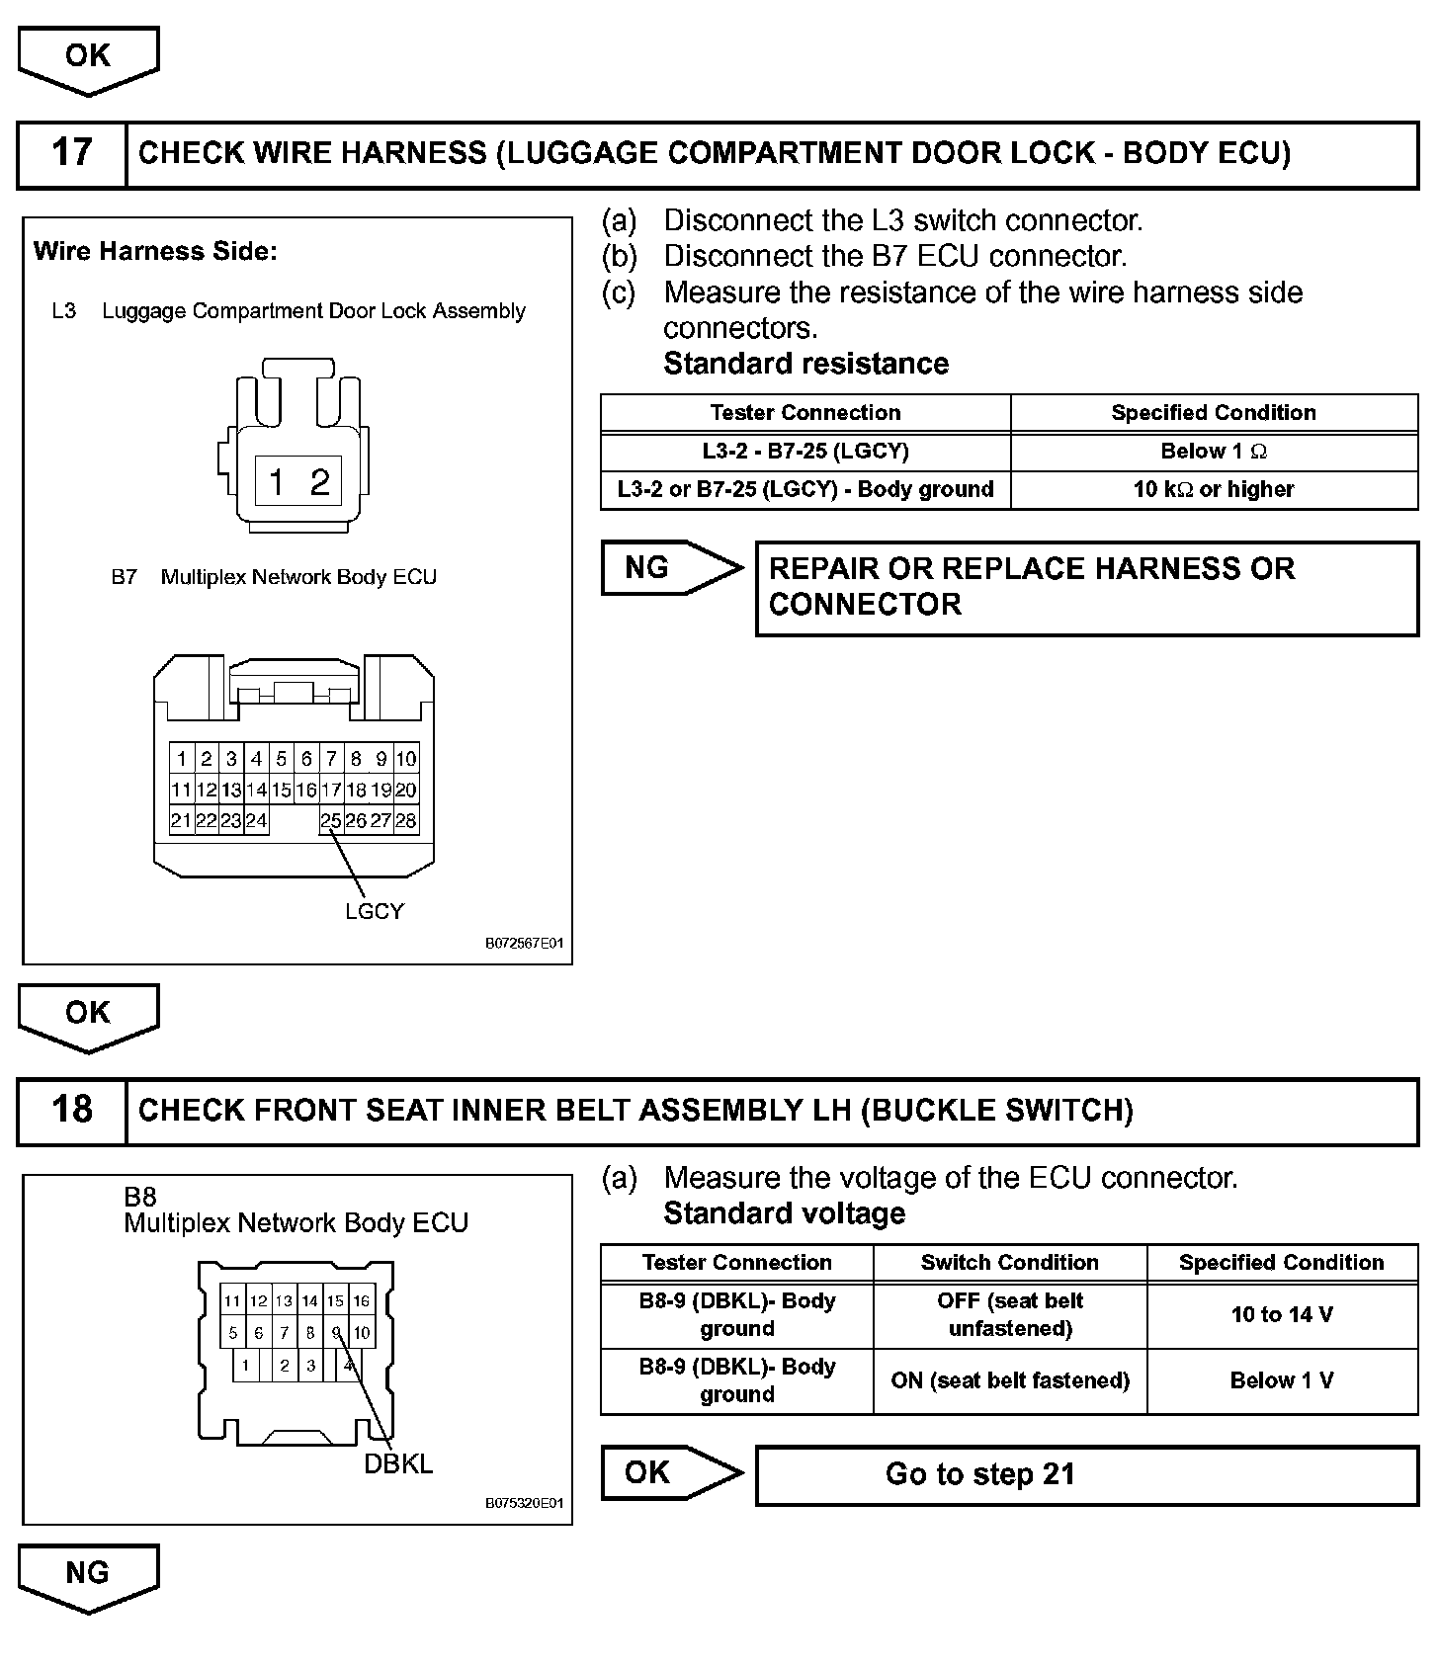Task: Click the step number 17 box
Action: (x=72, y=154)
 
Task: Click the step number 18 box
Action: (x=72, y=1111)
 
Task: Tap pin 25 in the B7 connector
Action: (x=331, y=820)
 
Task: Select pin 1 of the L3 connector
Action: (x=277, y=482)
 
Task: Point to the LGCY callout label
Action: (x=375, y=911)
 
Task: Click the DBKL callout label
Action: (x=398, y=1463)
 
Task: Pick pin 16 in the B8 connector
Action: (x=362, y=1301)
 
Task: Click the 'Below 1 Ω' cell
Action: (x=1214, y=452)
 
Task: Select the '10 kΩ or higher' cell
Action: (x=1214, y=489)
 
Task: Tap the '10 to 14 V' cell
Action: (x=1282, y=1315)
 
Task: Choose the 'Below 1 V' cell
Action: (x=1282, y=1380)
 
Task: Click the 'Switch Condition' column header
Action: (x=1009, y=1263)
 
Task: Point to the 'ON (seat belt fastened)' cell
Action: (x=1009, y=1380)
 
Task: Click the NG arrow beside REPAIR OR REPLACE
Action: (x=670, y=568)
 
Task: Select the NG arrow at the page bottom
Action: (x=88, y=1577)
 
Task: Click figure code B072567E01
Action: (x=524, y=944)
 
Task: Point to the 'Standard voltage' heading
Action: (x=784, y=1213)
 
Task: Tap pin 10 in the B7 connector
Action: (x=406, y=759)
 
